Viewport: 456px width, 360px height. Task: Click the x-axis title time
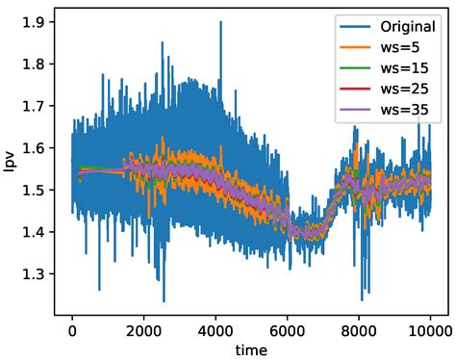click(252, 348)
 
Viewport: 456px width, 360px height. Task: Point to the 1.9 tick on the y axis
click(38, 23)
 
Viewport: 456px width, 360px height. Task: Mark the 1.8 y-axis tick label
click(38, 64)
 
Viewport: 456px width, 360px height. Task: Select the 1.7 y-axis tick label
click(38, 107)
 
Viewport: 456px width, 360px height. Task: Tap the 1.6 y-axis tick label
click(38, 148)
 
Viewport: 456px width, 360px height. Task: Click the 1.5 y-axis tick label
click(38, 191)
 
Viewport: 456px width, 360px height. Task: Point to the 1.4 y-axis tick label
click(38, 232)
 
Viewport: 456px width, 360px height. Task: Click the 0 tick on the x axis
click(72, 328)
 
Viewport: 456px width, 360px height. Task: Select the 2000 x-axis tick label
click(143, 328)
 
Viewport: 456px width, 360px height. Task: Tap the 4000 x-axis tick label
click(215, 328)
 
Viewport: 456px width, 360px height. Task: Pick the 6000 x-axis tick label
click(288, 328)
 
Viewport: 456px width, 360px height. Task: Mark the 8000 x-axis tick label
click(360, 328)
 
